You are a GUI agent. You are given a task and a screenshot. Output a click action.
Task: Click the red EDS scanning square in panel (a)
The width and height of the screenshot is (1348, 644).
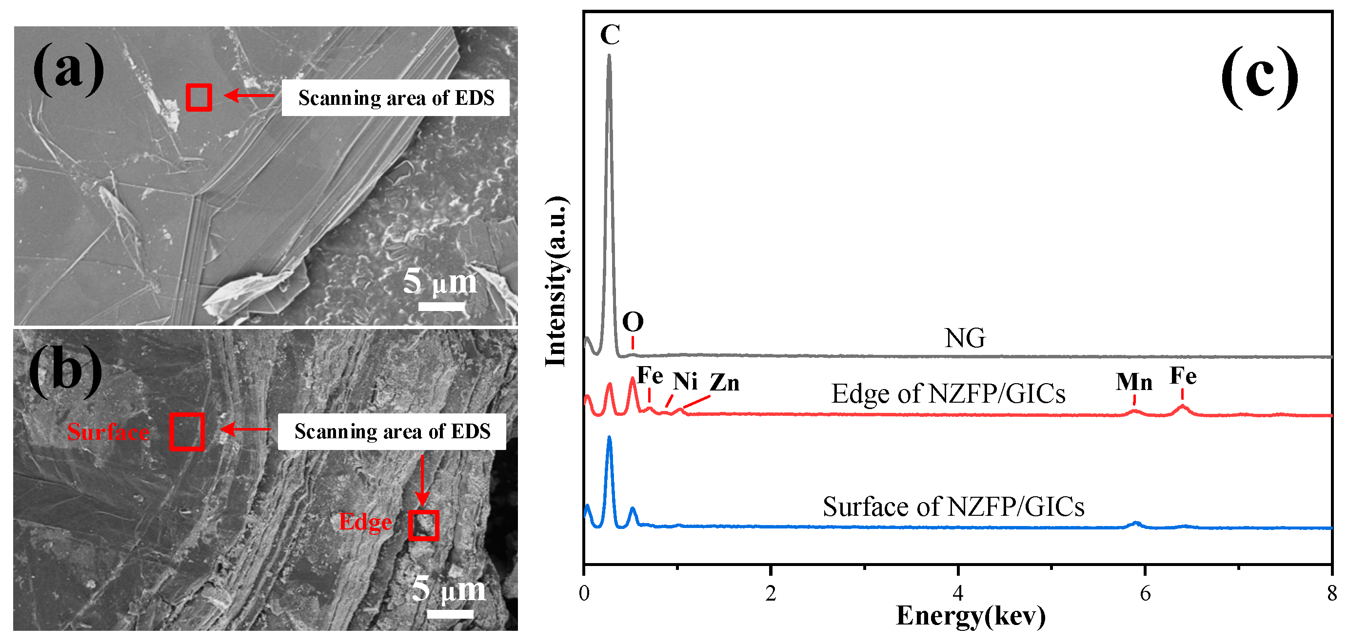[x=199, y=98]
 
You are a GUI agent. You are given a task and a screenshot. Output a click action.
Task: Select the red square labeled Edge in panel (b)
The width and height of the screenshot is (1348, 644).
[x=423, y=525]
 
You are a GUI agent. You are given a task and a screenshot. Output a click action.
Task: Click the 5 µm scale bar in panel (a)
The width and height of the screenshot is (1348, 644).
[x=441, y=306]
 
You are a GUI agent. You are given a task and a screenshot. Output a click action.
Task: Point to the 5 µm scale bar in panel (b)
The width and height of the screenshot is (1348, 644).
[x=450, y=614]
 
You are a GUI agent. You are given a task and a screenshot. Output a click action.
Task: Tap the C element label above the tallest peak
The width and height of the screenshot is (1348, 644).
[x=610, y=35]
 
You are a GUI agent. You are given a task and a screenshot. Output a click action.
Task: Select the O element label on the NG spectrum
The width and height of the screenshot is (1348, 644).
[x=633, y=322]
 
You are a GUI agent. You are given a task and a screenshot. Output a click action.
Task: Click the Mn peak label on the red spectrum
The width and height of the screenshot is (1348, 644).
[x=1134, y=382]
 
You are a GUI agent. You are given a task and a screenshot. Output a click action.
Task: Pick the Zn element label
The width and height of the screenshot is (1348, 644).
[x=725, y=383]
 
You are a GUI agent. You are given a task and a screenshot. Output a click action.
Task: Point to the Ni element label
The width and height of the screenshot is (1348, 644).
[x=685, y=382]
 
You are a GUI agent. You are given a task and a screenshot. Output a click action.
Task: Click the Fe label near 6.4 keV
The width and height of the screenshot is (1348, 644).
[x=1183, y=376]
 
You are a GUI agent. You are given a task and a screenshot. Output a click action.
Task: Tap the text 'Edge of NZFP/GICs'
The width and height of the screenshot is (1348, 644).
[x=948, y=394]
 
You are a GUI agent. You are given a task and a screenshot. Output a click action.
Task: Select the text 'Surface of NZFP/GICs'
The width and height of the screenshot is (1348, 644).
[x=953, y=507]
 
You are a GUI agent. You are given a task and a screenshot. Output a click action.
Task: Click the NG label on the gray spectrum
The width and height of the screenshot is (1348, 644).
[x=965, y=338]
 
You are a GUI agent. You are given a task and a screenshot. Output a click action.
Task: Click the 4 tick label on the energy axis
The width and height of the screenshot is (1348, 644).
[x=958, y=593]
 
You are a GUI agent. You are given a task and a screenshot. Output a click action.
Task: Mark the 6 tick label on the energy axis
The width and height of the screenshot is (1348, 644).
[x=1145, y=593]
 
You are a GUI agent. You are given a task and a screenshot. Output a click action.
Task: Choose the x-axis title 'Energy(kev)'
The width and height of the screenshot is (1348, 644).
[x=971, y=616]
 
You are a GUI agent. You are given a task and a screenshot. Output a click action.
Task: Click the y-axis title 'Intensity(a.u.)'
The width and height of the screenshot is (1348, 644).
[x=556, y=281]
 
